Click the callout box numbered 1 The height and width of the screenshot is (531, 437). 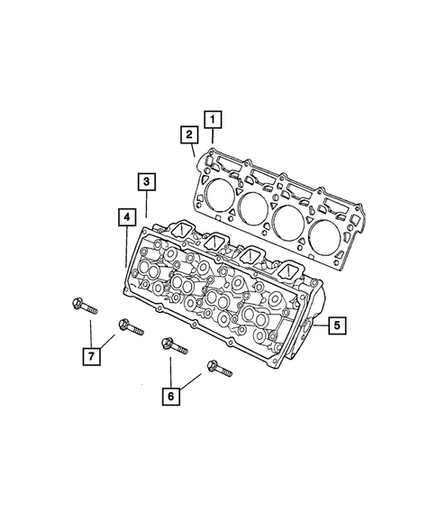[x=212, y=117]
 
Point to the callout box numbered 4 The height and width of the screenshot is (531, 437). [x=126, y=216]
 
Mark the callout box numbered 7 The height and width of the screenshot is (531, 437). [x=90, y=357]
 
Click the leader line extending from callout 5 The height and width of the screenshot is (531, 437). [x=316, y=323]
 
